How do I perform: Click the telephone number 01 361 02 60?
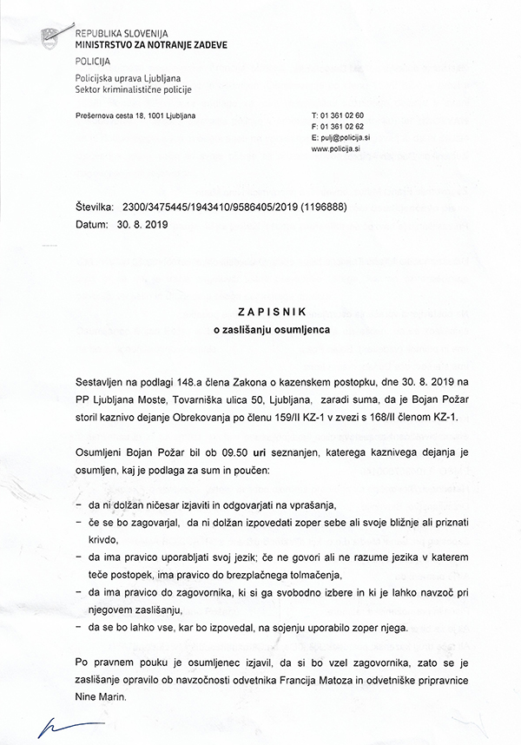tap(343, 115)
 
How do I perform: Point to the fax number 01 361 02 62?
tap(343, 127)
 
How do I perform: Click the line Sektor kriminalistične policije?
tap(134, 89)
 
